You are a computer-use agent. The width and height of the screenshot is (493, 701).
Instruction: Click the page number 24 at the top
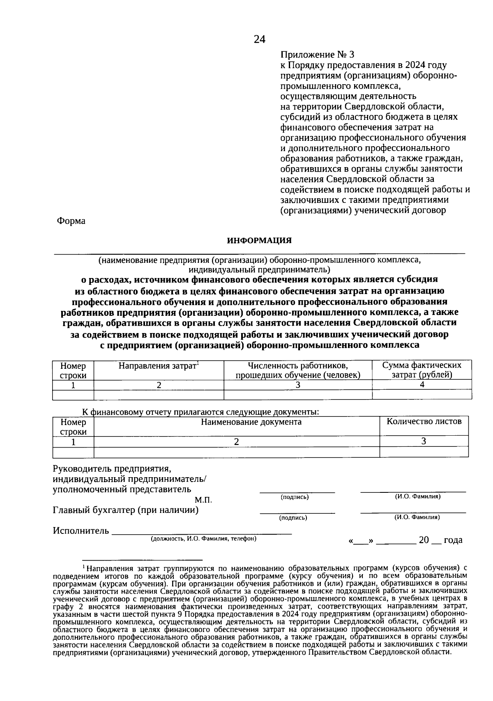pyautogui.click(x=260, y=39)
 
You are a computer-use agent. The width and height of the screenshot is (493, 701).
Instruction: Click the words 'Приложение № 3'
pyautogui.click(x=316, y=55)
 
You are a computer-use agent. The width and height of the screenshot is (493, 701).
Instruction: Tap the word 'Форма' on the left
pyautogui.click(x=71, y=221)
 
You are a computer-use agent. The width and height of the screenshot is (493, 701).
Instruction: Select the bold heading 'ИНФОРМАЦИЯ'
pyautogui.click(x=259, y=241)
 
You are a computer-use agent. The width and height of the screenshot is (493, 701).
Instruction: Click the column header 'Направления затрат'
pyautogui.click(x=159, y=365)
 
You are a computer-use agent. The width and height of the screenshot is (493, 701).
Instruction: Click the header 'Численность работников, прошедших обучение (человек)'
pyautogui.click(x=298, y=370)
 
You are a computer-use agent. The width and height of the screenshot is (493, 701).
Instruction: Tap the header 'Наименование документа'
pyautogui.click(x=251, y=422)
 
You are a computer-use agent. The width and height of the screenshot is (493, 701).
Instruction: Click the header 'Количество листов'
pyautogui.click(x=424, y=421)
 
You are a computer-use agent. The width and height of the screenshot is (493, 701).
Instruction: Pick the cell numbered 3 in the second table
pyautogui.click(x=424, y=441)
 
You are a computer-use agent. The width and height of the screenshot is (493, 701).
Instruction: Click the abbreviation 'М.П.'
pyautogui.click(x=203, y=500)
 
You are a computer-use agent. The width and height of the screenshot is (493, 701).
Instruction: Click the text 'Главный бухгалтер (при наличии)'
pyautogui.click(x=126, y=510)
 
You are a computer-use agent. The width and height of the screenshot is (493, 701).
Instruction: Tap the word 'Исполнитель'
pyautogui.click(x=81, y=531)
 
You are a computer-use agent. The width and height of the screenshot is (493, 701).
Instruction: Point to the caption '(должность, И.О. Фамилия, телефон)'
pyautogui.click(x=204, y=538)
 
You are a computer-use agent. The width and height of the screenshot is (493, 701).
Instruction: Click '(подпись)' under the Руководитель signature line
pyautogui.click(x=295, y=497)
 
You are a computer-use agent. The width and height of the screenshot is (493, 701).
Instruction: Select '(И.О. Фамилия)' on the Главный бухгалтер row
pyautogui.click(x=417, y=517)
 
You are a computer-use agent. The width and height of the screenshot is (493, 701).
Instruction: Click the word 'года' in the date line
pyautogui.click(x=453, y=540)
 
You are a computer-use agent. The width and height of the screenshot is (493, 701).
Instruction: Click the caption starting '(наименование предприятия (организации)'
pyautogui.click(x=259, y=260)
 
